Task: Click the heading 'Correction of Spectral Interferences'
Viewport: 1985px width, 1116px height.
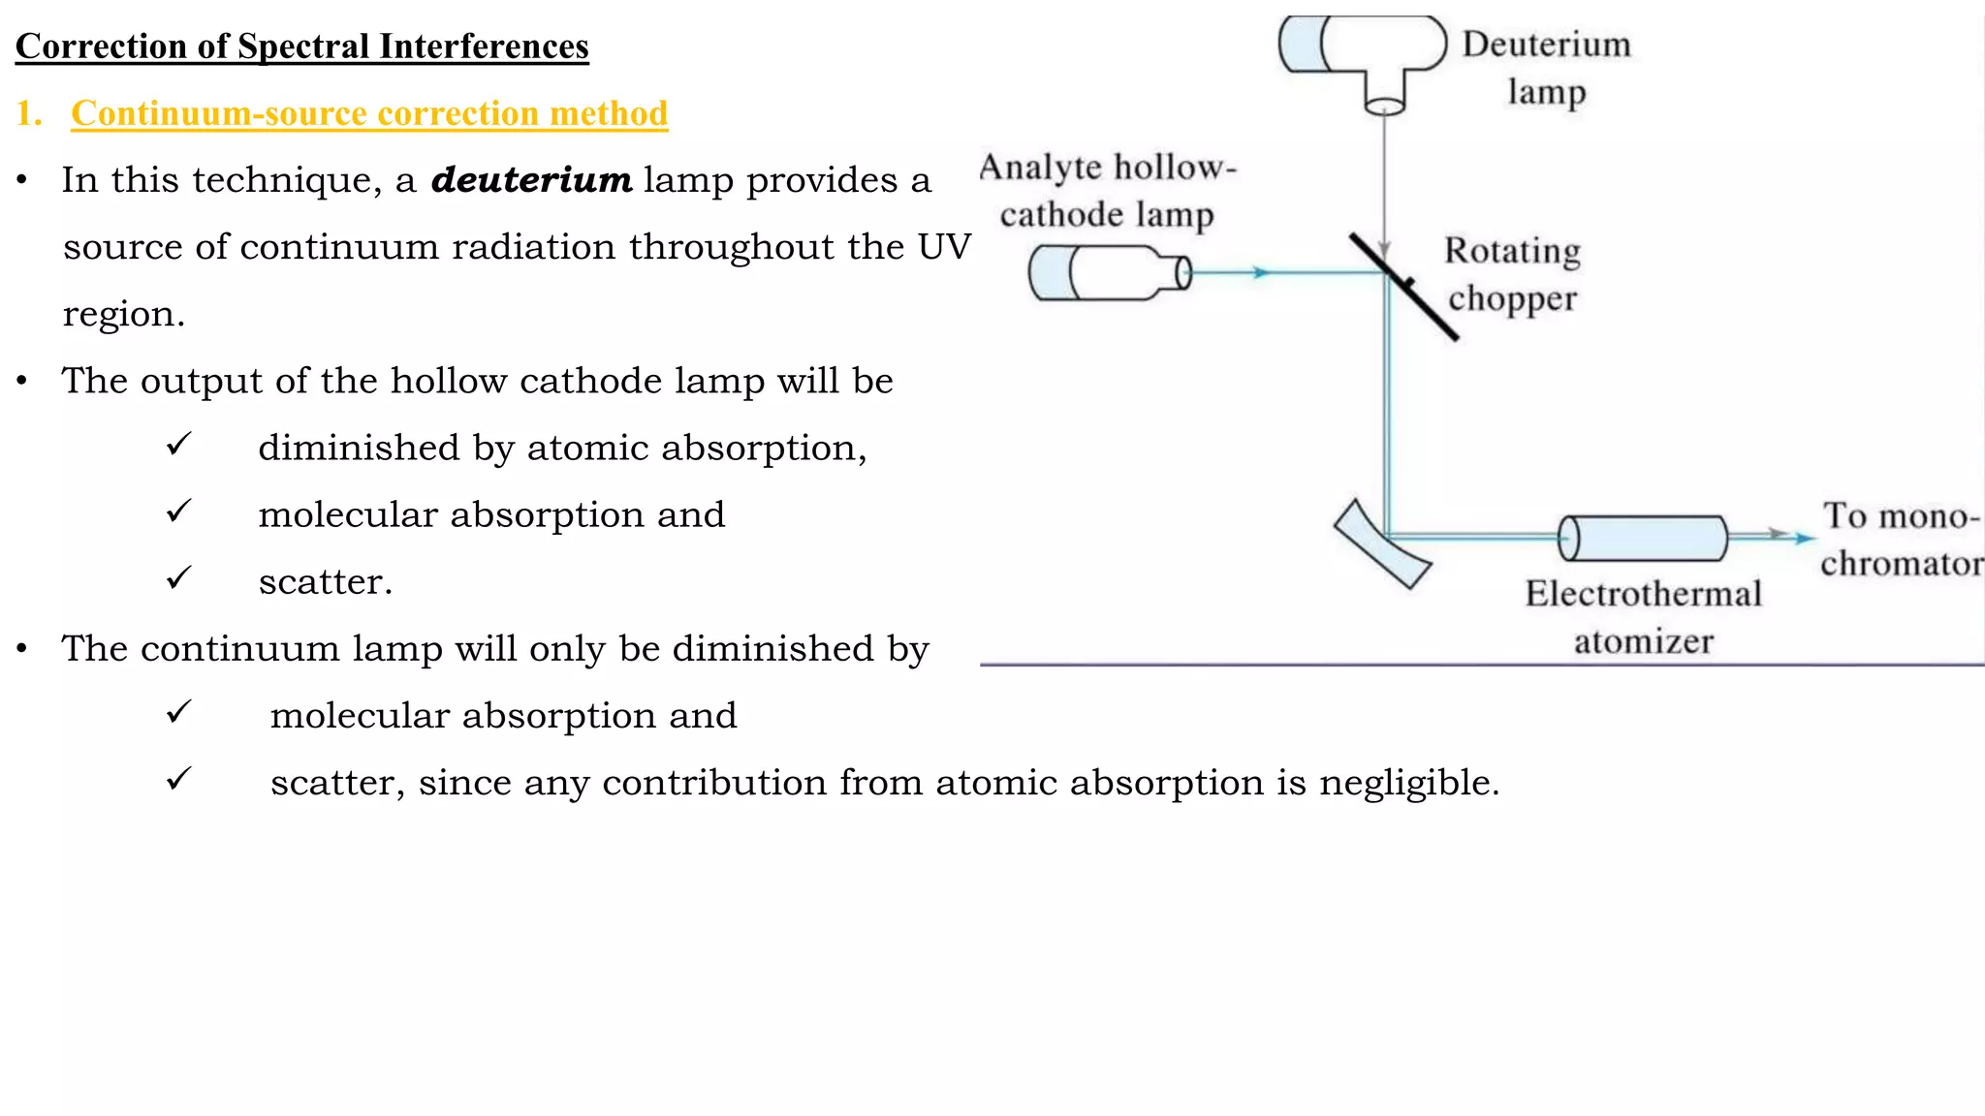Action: click(301, 46)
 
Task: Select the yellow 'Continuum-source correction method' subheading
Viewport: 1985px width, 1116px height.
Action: click(369, 113)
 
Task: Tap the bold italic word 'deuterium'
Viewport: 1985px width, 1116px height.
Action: click(531, 180)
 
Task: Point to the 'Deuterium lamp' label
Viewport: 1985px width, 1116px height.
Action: click(1546, 68)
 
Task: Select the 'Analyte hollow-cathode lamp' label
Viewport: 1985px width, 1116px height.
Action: click(1108, 190)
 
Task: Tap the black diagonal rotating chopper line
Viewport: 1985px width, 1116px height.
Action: click(1404, 287)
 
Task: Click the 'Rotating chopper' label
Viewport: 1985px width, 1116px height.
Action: click(1512, 274)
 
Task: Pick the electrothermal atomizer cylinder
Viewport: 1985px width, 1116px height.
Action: click(1643, 539)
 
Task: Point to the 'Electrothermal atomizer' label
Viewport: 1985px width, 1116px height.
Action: click(1643, 617)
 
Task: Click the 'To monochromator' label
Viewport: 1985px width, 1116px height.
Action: click(1900, 540)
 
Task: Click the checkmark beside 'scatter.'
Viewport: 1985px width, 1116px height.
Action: click(179, 578)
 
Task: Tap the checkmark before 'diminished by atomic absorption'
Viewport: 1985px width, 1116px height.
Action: click(179, 445)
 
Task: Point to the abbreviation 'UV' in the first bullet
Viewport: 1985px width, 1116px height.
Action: click(944, 247)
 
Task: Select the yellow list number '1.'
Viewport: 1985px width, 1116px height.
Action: click(29, 113)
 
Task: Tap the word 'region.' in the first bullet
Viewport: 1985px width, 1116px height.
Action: click(123, 314)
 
